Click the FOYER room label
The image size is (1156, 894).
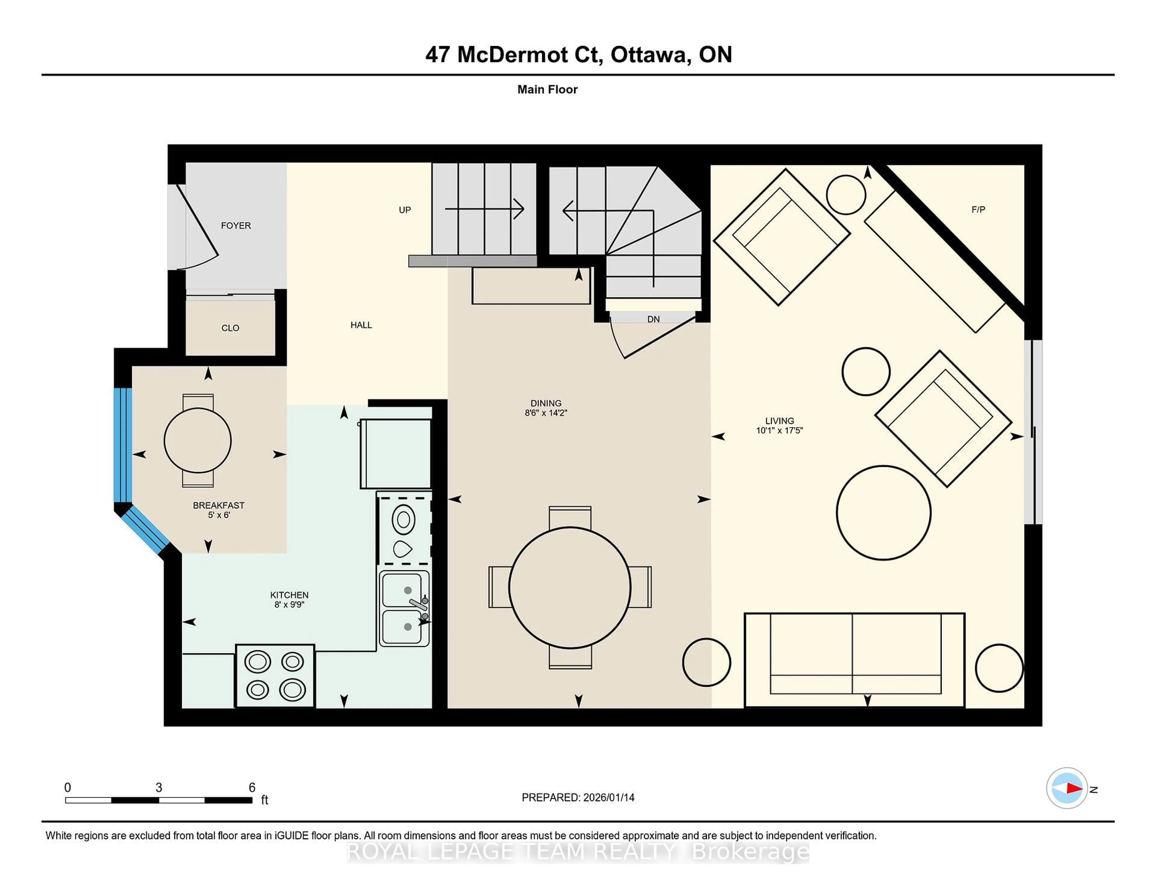tap(235, 226)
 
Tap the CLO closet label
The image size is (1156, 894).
tap(230, 328)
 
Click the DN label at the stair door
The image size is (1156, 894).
tap(653, 319)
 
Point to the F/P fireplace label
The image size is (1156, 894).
tap(977, 210)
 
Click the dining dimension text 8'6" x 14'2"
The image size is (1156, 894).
tap(546, 413)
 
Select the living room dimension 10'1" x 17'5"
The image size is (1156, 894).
tap(779, 430)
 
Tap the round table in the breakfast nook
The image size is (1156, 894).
tap(197, 440)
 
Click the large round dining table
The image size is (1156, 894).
tap(570, 587)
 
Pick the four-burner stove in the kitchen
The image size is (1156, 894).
tap(275, 676)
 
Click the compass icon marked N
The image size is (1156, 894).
tap(1067, 788)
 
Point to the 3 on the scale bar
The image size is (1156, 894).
tap(159, 788)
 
